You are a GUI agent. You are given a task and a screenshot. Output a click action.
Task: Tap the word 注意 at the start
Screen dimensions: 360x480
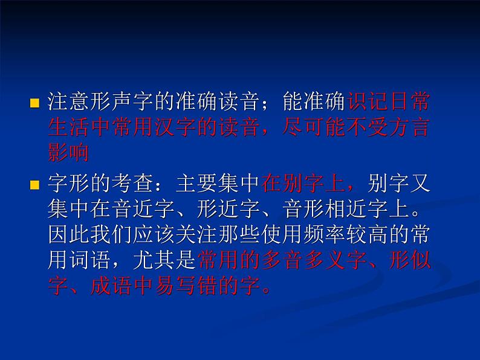click(68, 102)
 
